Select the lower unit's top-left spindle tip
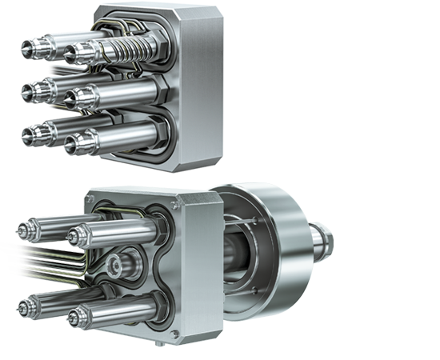pyautogui.click(x=22, y=232)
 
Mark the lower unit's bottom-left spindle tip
pyautogui.click(x=22, y=306)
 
